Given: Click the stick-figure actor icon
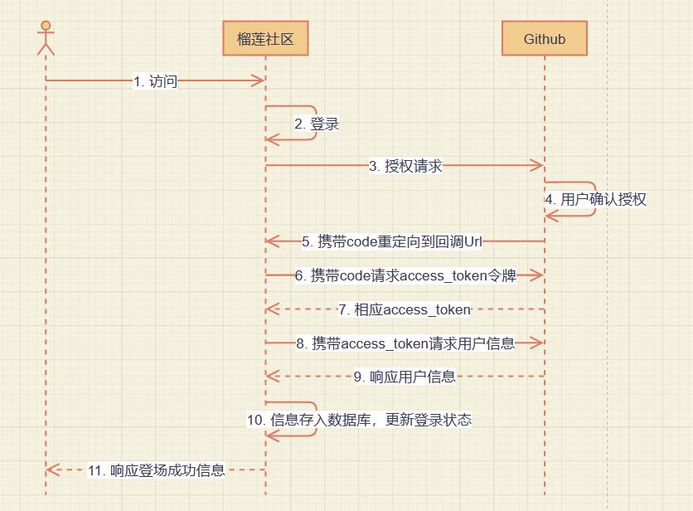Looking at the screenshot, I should [46, 37].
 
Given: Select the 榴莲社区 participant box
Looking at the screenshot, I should [265, 39].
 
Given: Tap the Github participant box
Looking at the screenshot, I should [545, 39].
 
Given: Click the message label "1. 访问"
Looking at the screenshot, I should [155, 81].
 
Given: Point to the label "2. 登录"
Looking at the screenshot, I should [317, 124].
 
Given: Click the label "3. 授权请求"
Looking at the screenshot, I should [405, 166].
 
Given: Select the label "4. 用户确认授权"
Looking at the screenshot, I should [595, 199].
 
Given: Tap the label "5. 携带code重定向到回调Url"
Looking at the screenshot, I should [391, 241].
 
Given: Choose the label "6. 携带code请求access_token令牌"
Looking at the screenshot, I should [405, 275].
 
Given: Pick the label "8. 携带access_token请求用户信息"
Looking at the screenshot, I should [405, 343].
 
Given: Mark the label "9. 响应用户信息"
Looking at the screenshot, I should [405, 377].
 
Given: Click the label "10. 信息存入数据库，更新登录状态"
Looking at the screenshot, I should [359, 420].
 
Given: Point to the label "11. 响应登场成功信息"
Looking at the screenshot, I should [156, 470].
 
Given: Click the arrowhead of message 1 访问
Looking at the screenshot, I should [259, 80].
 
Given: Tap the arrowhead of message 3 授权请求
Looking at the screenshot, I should [538, 166].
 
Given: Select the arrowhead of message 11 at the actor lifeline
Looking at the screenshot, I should [52, 470].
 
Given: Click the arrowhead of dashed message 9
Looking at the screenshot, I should [272, 377].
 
